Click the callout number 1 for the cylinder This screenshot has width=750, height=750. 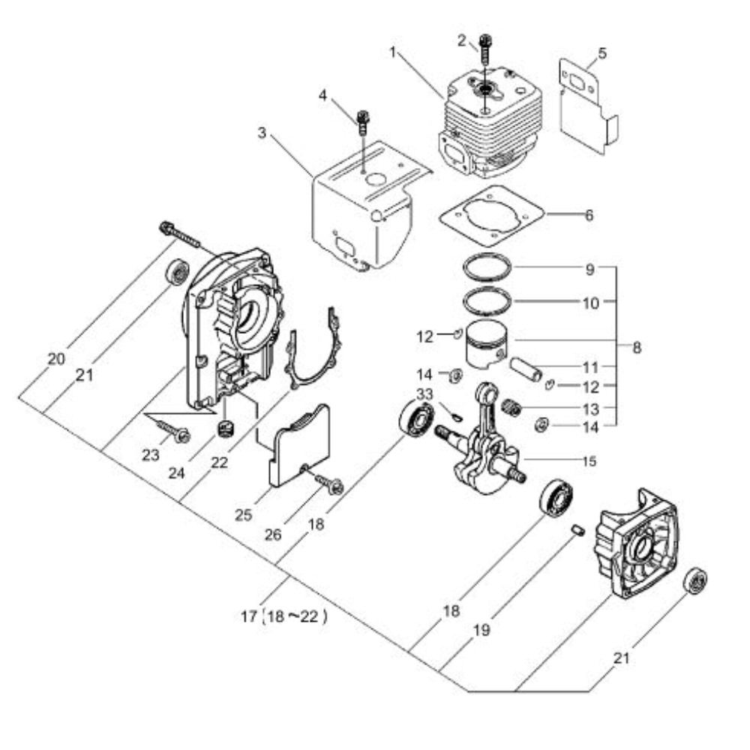[393, 52]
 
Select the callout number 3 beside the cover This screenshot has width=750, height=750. [262, 133]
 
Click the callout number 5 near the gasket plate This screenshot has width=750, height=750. [601, 53]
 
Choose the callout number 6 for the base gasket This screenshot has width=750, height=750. [589, 215]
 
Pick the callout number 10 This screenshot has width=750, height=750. [591, 303]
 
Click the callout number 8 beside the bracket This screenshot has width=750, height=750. [637, 348]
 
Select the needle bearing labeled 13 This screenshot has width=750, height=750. [511, 408]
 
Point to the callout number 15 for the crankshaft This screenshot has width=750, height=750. [589, 461]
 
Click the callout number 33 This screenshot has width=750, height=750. [424, 394]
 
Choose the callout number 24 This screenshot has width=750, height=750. [176, 473]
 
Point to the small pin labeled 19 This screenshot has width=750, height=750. [577, 530]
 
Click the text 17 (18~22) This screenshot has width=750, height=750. [284, 616]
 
